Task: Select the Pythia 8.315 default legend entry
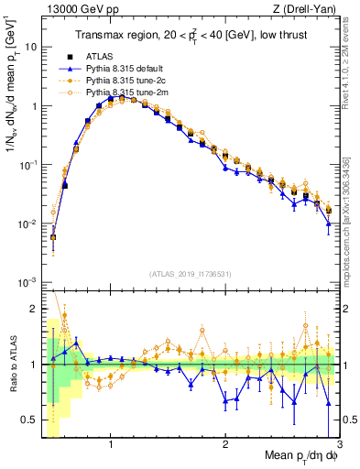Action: [129, 69]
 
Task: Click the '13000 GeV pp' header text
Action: [77, 10]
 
